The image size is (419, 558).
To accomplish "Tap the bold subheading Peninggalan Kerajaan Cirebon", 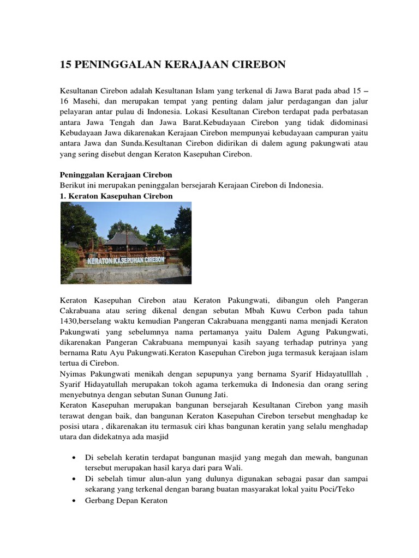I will pos(115,175).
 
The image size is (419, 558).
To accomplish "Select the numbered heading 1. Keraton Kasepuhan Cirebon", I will pos(116,196).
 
